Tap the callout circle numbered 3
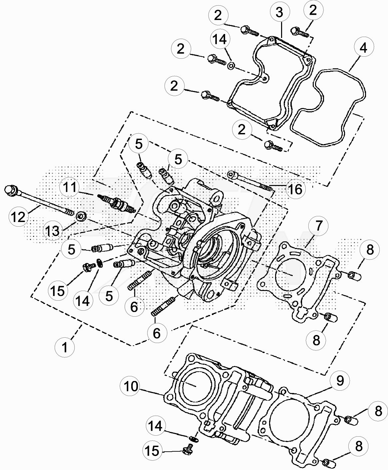(279, 13)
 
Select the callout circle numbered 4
(363, 48)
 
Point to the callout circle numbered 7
(319, 226)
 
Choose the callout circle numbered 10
(131, 386)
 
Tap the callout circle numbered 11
(70, 187)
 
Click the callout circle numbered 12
(19, 217)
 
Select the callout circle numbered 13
(53, 230)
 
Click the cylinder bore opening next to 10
(194, 383)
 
